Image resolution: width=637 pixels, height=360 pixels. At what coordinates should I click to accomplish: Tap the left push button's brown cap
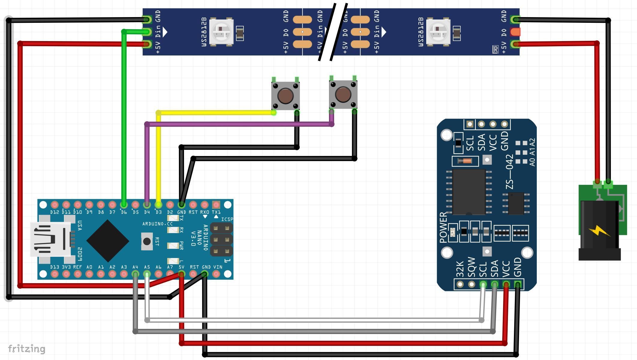click(285, 96)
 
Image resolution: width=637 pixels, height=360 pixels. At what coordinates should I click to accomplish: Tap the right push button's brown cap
click(343, 94)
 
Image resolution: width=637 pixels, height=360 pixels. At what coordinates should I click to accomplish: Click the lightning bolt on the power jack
click(599, 231)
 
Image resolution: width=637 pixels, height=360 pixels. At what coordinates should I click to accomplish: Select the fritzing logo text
click(27, 349)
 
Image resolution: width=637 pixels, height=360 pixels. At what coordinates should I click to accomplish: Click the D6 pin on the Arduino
click(124, 205)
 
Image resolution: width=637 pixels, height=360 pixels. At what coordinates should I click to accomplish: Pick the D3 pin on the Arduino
click(158, 205)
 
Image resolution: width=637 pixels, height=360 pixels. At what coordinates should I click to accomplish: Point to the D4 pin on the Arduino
click(147, 205)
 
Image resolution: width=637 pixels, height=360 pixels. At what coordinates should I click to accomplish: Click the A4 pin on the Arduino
click(135, 274)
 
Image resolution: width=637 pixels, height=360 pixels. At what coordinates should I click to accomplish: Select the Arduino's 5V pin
click(181, 274)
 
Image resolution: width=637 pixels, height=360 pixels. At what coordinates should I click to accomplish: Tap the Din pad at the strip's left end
click(147, 31)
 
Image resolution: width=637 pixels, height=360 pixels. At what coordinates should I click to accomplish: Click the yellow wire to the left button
click(216, 113)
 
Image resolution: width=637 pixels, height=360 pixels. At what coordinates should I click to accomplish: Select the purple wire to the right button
click(240, 124)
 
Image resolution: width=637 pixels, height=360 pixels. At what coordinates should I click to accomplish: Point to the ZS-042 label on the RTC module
click(510, 172)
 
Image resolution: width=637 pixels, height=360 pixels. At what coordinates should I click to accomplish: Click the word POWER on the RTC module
click(443, 227)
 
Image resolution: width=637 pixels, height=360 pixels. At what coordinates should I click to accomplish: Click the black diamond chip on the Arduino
click(108, 241)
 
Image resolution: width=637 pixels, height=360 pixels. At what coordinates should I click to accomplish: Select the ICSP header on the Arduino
click(222, 239)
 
